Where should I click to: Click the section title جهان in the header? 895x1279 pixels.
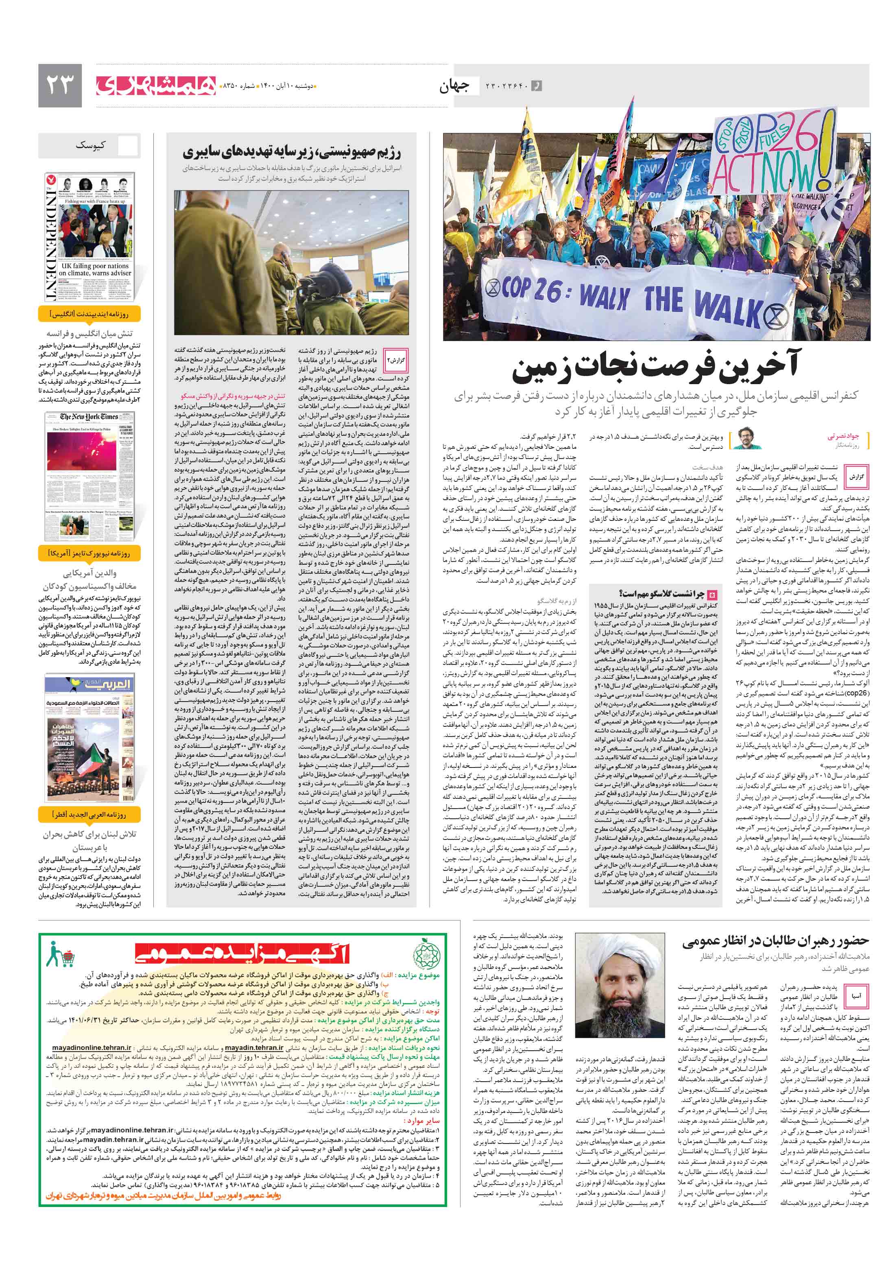point(454,86)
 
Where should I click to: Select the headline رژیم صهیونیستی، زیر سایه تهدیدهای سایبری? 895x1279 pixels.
point(292,152)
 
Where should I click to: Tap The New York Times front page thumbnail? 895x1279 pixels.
point(89,476)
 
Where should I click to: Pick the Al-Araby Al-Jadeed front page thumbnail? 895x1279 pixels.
point(89,739)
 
